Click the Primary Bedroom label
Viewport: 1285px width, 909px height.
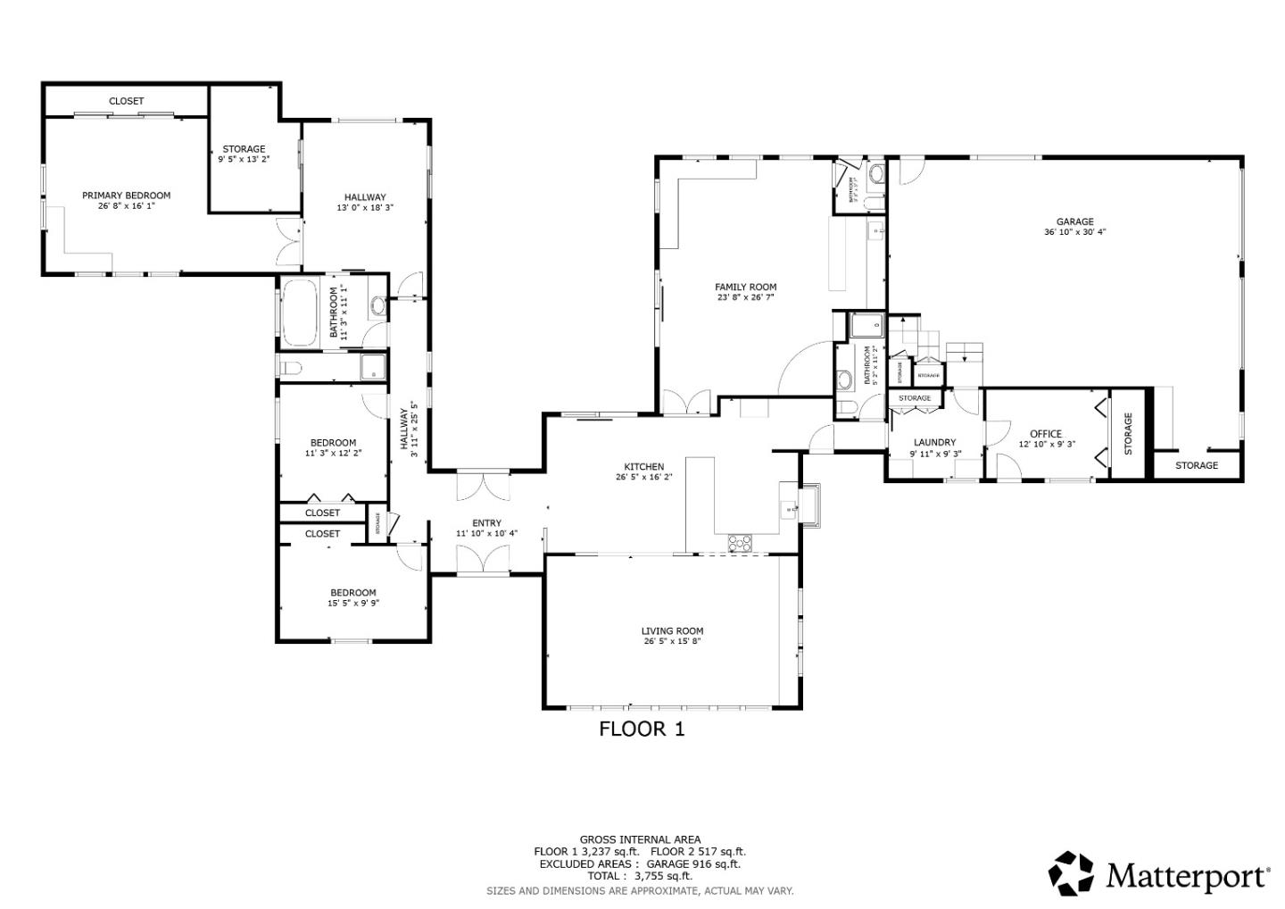click(126, 196)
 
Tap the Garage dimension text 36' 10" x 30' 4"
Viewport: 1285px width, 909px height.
click(1074, 232)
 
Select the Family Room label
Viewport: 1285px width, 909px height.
click(745, 287)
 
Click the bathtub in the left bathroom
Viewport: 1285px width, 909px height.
click(300, 313)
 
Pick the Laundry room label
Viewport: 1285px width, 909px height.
click(934, 442)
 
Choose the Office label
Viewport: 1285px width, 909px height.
click(1046, 434)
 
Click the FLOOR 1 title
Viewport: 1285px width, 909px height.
click(642, 729)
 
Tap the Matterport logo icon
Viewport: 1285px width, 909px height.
click(1071, 872)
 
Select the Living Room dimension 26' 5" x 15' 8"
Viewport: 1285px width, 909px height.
click(672, 641)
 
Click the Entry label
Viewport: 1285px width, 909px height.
click(486, 523)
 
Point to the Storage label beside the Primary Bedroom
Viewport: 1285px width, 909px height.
click(244, 149)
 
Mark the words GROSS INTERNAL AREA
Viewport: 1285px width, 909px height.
click(640, 839)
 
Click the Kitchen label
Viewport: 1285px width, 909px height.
click(643, 467)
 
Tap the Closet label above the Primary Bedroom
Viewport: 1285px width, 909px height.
click(126, 101)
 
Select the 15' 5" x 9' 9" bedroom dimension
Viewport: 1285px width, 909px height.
click(352, 603)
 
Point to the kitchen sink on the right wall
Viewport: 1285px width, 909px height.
click(790, 510)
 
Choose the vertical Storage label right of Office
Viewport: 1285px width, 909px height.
click(1128, 433)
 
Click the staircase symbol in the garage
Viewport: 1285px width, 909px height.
click(964, 354)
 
